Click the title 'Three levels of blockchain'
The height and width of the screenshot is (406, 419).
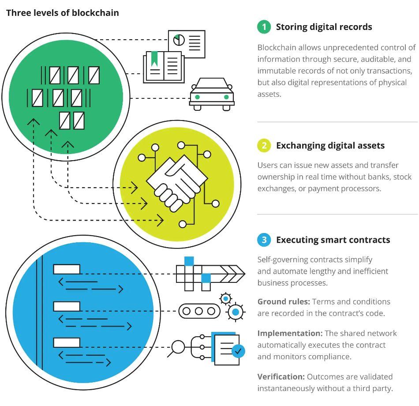pyautogui.click(x=62, y=12)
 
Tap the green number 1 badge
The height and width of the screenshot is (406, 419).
pyautogui.click(x=264, y=27)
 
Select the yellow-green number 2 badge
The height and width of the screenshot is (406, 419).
pyautogui.click(x=264, y=146)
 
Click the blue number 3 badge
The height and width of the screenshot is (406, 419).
pyautogui.click(x=264, y=240)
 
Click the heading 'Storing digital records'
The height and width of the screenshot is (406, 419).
pyautogui.click(x=324, y=27)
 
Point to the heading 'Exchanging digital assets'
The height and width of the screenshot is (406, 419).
pyautogui.click(x=330, y=146)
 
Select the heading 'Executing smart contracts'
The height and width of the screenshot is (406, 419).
pyautogui.click(x=333, y=240)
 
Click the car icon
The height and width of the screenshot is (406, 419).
pyautogui.click(x=212, y=94)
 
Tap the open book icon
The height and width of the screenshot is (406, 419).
pyautogui.click(x=163, y=67)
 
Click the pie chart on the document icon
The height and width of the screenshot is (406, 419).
pyautogui.click(x=179, y=40)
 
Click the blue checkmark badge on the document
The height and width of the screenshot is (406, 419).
pyautogui.click(x=238, y=351)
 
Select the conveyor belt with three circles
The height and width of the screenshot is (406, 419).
pyautogui.click(x=199, y=311)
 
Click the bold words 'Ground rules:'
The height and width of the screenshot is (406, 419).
pyautogui.click(x=284, y=302)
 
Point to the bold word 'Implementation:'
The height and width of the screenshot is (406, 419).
pyautogui.click(x=290, y=333)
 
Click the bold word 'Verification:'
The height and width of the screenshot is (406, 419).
pyautogui.click(x=281, y=377)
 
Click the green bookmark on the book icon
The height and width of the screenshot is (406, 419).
pyautogui.click(x=154, y=58)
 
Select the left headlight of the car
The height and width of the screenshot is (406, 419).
pyautogui.click(x=197, y=97)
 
